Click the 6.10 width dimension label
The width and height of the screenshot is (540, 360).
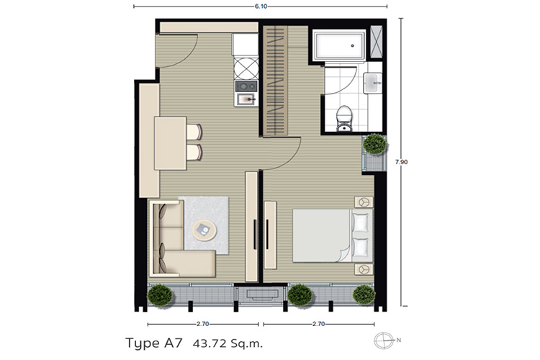point(261,6)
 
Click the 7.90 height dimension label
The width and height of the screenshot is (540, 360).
point(402,162)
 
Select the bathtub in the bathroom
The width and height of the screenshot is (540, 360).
point(339,45)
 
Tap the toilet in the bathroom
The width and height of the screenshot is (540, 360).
point(344,119)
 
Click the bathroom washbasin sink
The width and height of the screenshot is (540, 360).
point(373,83)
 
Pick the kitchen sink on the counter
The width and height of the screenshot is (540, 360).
point(246,100)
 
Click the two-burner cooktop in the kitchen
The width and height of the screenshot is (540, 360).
point(246,86)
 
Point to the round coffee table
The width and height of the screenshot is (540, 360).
point(204,230)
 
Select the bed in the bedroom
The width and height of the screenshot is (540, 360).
point(333,235)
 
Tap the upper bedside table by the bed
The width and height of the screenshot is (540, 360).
point(364,202)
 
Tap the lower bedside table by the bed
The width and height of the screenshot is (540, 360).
point(364,269)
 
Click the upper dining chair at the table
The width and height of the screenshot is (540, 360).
point(194,132)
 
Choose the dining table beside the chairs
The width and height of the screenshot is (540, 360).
point(170,143)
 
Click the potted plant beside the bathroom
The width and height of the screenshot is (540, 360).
point(375,144)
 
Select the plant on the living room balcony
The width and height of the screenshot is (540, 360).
point(160,295)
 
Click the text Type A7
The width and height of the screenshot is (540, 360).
point(153,343)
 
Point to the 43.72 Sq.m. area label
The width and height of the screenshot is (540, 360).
point(228,343)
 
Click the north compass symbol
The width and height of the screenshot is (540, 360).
point(384,341)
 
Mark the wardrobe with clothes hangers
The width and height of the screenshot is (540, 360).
point(276,81)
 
